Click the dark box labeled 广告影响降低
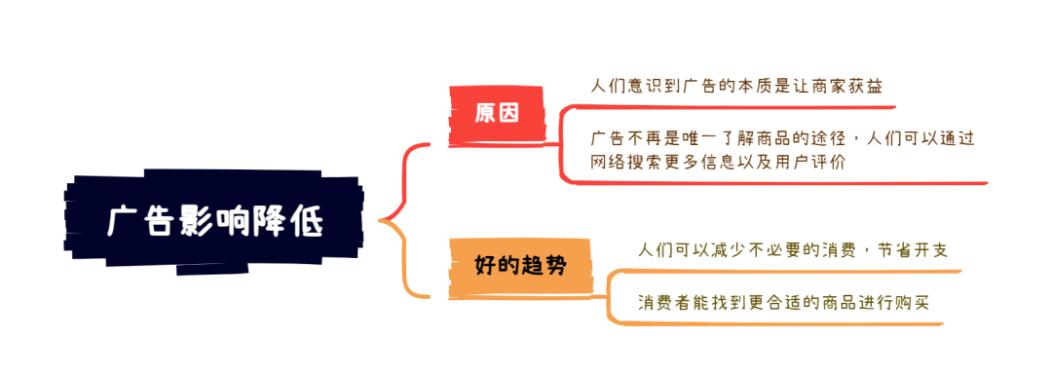(x=214, y=223)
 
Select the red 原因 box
(x=496, y=112)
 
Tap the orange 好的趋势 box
(x=520, y=265)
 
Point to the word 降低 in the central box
(x=298, y=223)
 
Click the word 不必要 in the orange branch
(x=787, y=250)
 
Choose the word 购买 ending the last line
(x=914, y=302)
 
